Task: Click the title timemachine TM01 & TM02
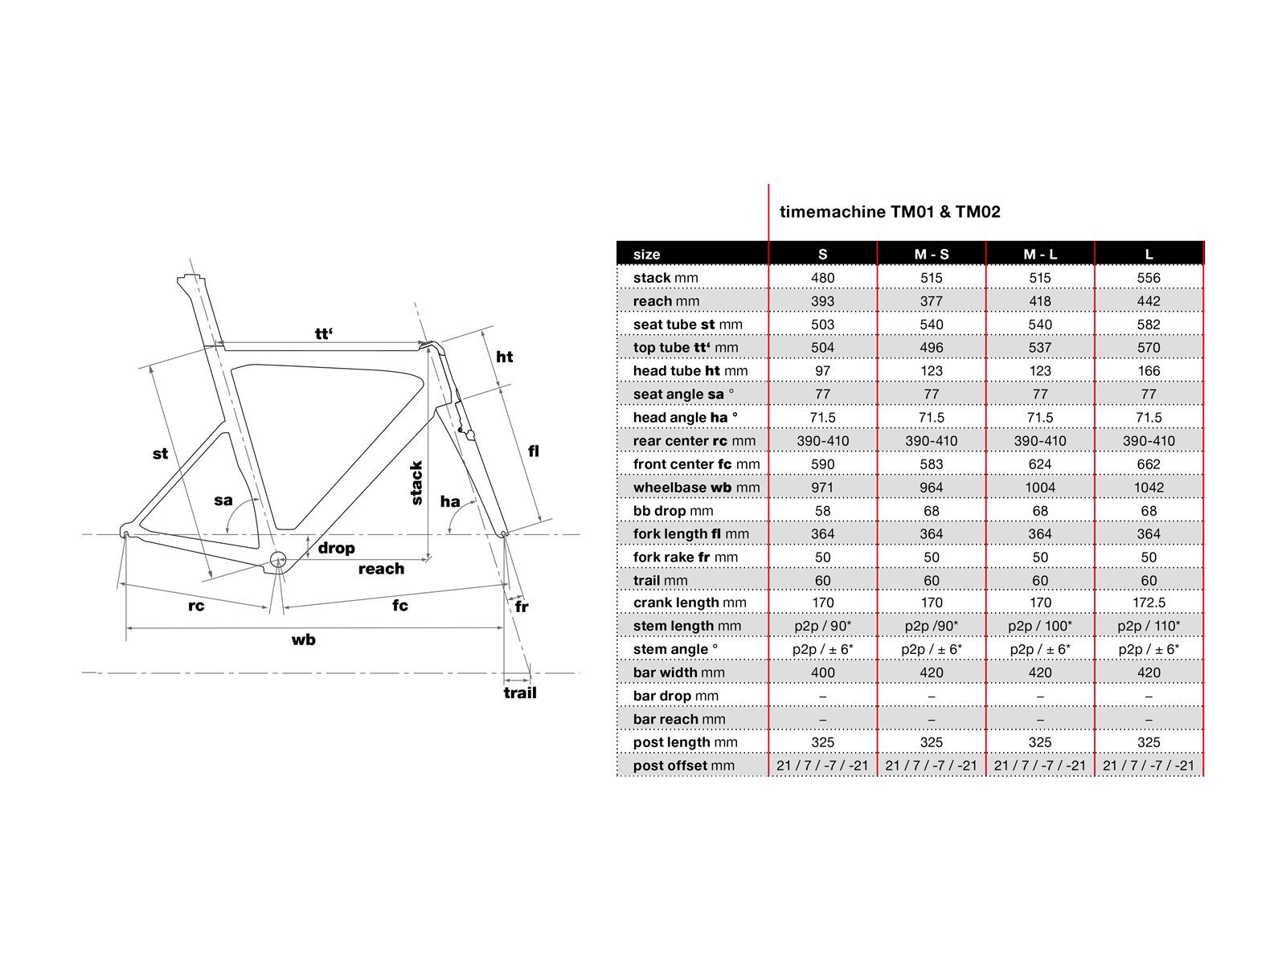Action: coord(890,212)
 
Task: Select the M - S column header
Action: coord(932,254)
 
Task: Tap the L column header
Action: coord(1149,254)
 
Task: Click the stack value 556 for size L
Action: coord(1149,278)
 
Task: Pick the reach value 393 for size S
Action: coord(822,301)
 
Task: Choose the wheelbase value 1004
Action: coord(1040,488)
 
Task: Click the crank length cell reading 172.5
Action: coord(1149,602)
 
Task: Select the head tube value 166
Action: coord(1149,371)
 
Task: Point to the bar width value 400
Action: coord(822,672)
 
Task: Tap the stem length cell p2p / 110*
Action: coord(1149,626)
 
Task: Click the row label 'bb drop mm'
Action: coord(670,511)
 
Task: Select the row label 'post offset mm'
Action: coord(683,766)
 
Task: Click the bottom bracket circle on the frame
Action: coord(278,560)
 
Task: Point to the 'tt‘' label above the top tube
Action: coord(323,333)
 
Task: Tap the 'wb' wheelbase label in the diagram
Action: coord(303,639)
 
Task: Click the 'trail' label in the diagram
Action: coord(519,692)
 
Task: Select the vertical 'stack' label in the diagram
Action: coord(416,483)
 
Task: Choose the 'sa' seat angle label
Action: coord(223,500)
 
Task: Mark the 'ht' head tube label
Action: coord(504,357)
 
